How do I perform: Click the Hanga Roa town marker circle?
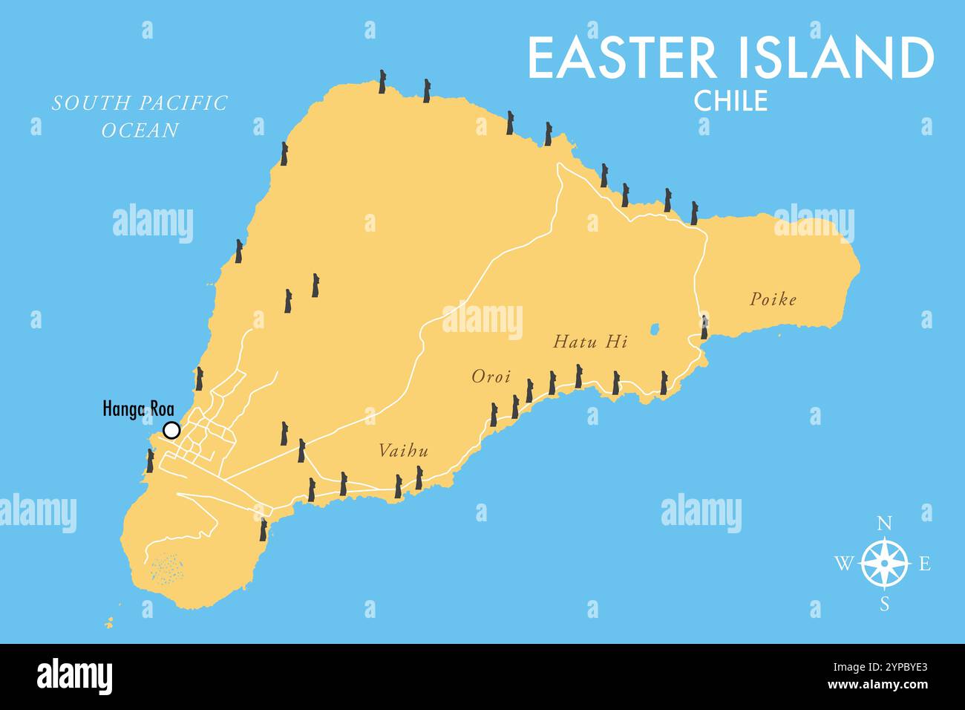click(x=171, y=430)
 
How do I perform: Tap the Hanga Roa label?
click(x=138, y=408)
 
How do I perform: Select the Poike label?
click(x=773, y=299)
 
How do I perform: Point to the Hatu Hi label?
click(x=591, y=342)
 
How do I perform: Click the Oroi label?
click(x=491, y=377)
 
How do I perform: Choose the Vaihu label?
click(x=404, y=451)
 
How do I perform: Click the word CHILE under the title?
click(x=730, y=101)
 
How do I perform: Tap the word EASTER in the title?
click(x=622, y=58)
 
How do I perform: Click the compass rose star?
click(x=885, y=564)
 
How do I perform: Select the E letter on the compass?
click(x=925, y=564)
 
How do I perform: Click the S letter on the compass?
click(x=885, y=604)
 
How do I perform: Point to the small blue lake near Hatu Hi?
click(x=655, y=328)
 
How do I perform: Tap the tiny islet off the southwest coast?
click(x=110, y=622)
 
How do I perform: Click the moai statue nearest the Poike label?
click(x=704, y=327)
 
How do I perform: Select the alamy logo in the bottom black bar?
click(x=75, y=677)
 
